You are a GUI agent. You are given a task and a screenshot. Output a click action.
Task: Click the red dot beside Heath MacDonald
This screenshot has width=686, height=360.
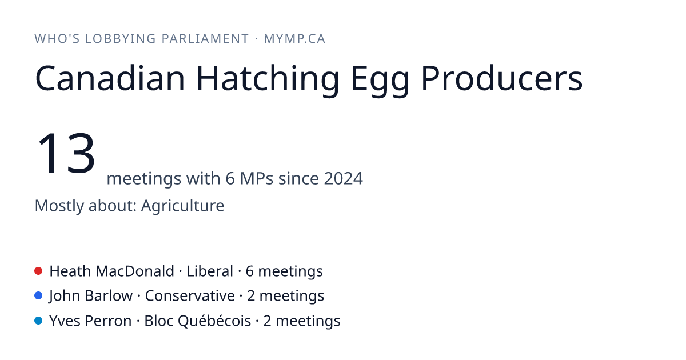point(38,271)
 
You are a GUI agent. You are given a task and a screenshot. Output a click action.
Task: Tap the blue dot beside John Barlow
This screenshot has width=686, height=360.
point(38,296)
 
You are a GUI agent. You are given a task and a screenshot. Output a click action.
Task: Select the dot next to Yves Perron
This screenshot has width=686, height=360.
point(38,321)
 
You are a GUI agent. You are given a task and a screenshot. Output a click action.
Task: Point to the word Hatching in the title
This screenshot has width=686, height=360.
point(268,79)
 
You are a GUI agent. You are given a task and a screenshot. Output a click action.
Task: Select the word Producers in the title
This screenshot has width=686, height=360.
point(502,78)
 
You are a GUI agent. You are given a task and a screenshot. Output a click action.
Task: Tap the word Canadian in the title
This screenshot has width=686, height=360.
point(110,78)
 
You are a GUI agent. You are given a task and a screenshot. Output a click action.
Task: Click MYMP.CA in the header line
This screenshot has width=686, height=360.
point(294,39)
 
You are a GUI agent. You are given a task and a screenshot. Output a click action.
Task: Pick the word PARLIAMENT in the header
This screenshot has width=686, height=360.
point(205,39)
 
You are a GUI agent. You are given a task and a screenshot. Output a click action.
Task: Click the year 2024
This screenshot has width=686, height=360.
point(344,178)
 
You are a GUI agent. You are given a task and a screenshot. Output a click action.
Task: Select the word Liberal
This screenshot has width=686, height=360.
point(210,271)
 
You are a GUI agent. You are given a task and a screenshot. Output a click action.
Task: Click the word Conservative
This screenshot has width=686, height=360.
point(190,296)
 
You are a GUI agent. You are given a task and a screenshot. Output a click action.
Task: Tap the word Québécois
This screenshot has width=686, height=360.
point(214,321)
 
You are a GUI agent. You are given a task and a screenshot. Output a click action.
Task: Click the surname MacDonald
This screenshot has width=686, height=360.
point(135,271)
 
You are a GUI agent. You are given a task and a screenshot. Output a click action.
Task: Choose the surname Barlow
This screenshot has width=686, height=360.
point(109,296)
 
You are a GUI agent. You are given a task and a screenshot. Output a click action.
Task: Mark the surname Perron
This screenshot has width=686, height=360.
point(108,321)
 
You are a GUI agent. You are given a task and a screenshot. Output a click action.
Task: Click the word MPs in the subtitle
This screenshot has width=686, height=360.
point(257,178)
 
